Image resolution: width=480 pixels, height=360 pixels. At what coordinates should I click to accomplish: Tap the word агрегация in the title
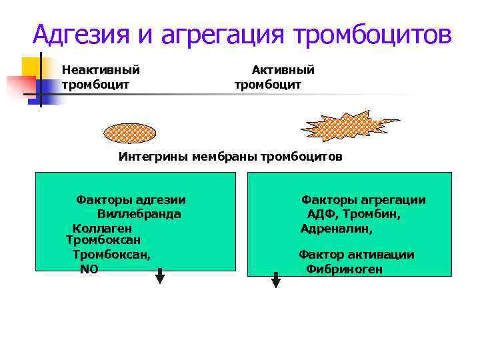(x=215, y=33)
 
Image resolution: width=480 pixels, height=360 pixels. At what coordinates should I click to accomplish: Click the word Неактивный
(x=101, y=69)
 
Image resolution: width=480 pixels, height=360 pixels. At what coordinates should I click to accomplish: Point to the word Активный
(x=283, y=69)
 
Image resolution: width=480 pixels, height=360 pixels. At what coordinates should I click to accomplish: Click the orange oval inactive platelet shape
(x=130, y=132)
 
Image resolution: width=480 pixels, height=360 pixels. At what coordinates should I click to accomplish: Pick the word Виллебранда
(x=139, y=214)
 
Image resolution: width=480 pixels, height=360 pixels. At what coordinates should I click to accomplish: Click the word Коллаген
(x=102, y=228)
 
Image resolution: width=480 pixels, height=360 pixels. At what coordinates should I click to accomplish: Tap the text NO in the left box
(x=89, y=269)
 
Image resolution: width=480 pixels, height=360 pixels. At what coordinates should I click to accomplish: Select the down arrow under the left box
(x=160, y=276)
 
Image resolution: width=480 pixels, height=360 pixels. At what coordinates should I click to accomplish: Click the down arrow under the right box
(x=276, y=280)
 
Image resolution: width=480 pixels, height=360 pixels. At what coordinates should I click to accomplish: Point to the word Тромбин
(x=377, y=214)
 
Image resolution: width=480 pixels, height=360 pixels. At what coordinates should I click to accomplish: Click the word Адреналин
(x=336, y=228)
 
